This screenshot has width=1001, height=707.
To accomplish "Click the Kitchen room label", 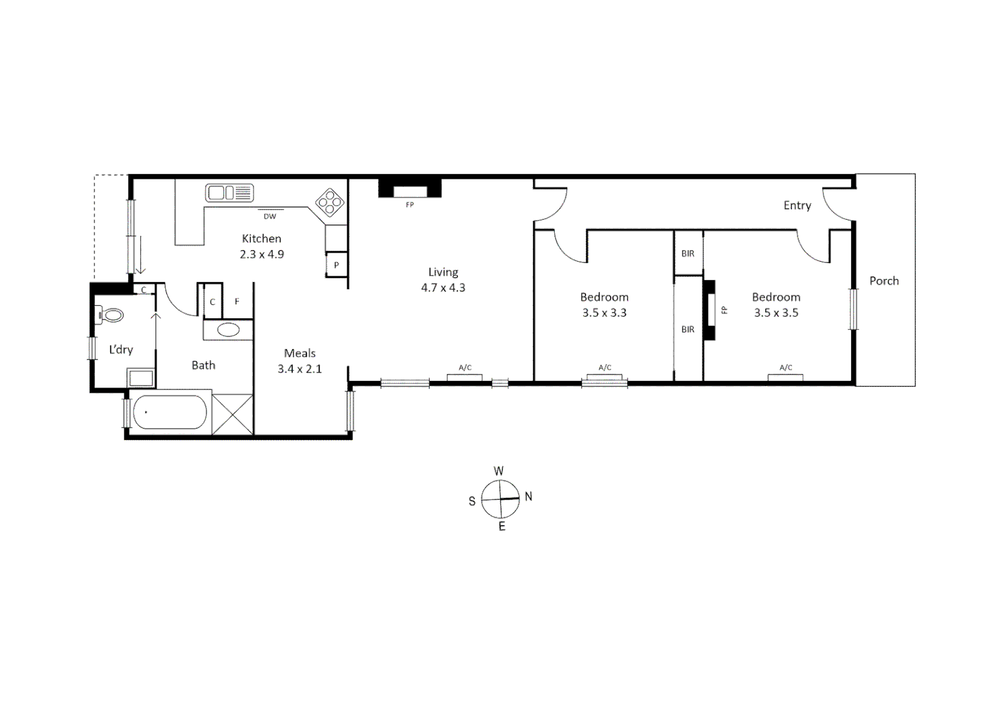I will (x=261, y=239).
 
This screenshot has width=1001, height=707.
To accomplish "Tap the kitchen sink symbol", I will (x=229, y=193).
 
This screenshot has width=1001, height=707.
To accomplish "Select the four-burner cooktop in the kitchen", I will (x=330, y=202).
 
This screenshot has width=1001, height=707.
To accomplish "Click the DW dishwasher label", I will (x=270, y=216).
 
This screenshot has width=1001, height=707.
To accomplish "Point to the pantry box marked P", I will (x=336, y=265).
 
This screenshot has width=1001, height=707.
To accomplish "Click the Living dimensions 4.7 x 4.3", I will (x=443, y=287).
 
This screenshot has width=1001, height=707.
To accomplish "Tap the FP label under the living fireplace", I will (x=410, y=205).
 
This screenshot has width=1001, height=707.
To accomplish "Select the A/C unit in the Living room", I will (x=465, y=376).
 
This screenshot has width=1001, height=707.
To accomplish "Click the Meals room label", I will (x=300, y=353).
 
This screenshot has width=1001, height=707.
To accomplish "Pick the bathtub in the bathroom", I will (x=170, y=412).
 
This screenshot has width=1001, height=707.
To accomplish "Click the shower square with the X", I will (x=233, y=414).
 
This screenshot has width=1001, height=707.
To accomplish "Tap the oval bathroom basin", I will (x=228, y=329).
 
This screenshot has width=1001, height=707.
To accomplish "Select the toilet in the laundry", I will (x=110, y=316).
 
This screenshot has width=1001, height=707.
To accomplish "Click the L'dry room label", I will (x=121, y=350).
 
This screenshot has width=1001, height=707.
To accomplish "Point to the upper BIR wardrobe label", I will (x=688, y=253).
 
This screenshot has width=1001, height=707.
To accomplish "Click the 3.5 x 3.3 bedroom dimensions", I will (x=604, y=313).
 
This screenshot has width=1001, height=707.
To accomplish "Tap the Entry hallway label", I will (x=797, y=206).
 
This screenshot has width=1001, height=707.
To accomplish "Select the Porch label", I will (x=884, y=281).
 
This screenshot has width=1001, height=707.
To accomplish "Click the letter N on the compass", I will (x=529, y=497).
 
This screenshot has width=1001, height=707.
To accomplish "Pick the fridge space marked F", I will (x=237, y=302).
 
